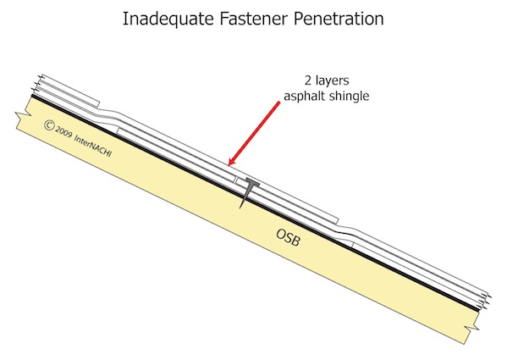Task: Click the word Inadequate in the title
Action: pyautogui.click(x=168, y=19)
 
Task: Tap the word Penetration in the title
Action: pyautogui.click(x=339, y=19)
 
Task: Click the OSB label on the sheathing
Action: pyautogui.click(x=289, y=237)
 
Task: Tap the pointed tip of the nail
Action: pyautogui.click(x=240, y=208)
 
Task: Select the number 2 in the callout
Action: pyautogui.click(x=308, y=80)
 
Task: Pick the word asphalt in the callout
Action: pyautogui.click(x=302, y=97)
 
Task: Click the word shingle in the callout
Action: pyautogui.click(x=347, y=97)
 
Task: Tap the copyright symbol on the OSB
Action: pyautogui.click(x=49, y=125)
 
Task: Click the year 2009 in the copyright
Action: pyautogui.click(x=63, y=132)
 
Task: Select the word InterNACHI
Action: pyautogui.click(x=93, y=146)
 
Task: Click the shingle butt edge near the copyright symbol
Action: pyautogui.click(x=98, y=104)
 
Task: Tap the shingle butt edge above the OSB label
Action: pyautogui.click(x=337, y=222)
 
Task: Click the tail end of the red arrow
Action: pyautogui.click(x=279, y=102)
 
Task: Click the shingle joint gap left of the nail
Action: pyautogui.click(x=235, y=180)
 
